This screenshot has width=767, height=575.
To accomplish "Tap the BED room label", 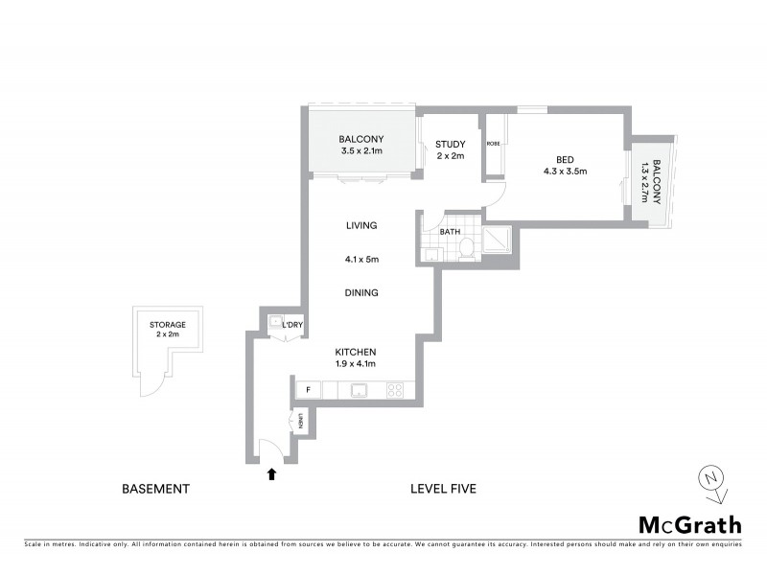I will [x=565, y=160].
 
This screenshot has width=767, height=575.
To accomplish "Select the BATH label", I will [x=451, y=232].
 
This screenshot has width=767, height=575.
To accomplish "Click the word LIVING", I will [x=361, y=226].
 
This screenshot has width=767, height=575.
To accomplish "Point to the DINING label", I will [x=361, y=293].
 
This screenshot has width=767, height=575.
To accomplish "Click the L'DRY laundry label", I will [x=292, y=326].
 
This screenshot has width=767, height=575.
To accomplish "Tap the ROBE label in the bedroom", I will [x=493, y=144].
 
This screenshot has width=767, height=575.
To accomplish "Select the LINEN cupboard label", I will [x=300, y=420].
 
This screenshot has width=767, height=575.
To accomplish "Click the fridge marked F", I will [x=309, y=389].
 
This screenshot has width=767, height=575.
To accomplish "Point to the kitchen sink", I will [x=360, y=390].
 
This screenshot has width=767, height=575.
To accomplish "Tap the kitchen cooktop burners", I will [x=394, y=390].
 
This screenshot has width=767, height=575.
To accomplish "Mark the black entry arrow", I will [x=272, y=472].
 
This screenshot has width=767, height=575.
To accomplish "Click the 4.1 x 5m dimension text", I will [x=361, y=259].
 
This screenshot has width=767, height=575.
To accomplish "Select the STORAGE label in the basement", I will [x=168, y=325].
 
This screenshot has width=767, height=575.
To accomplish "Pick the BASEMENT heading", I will [x=156, y=489].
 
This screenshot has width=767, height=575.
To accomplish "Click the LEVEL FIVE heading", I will [x=443, y=489].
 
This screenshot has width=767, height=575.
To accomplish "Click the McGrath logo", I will [x=689, y=524].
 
